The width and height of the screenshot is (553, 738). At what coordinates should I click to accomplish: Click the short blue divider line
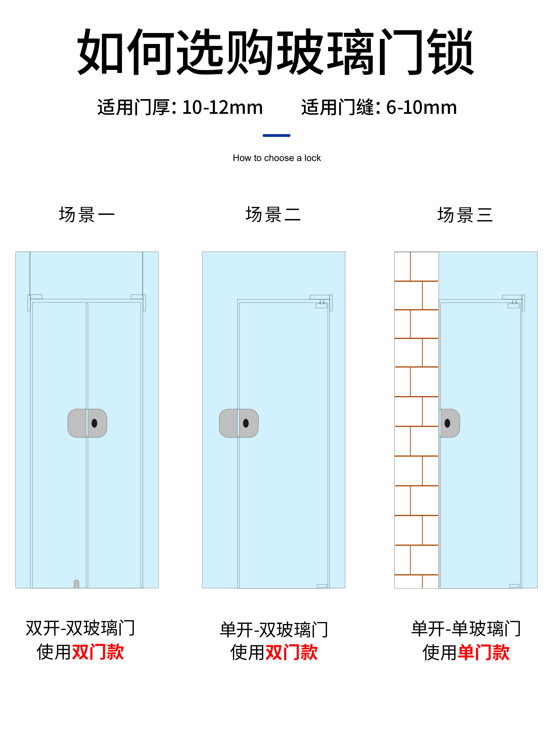click(x=276, y=135)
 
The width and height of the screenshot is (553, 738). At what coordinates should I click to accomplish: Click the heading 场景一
click(x=87, y=215)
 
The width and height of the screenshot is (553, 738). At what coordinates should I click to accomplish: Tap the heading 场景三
click(x=465, y=215)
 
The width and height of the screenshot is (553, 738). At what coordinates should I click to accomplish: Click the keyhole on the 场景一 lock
click(x=94, y=423)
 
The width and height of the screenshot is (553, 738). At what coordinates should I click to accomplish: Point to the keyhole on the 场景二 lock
click(x=246, y=423)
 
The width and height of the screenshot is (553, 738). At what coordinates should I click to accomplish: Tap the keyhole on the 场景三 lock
click(x=447, y=423)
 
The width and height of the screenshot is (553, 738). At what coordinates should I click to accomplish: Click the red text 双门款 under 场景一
click(x=98, y=652)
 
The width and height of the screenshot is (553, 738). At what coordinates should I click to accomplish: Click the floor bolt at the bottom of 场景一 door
click(x=76, y=584)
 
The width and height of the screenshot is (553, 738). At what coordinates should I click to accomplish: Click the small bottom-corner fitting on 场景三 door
click(x=514, y=586)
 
